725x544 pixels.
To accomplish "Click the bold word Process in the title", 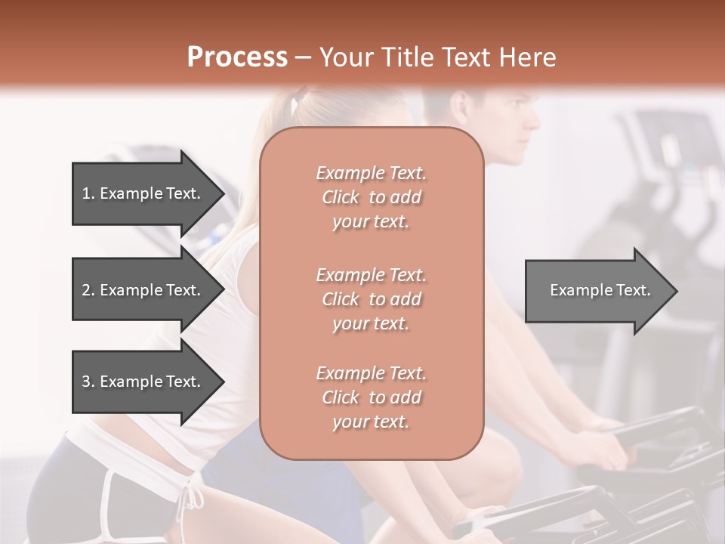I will pyautogui.click(x=237, y=57).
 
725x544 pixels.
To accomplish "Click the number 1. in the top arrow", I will pyautogui.click(x=88, y=193).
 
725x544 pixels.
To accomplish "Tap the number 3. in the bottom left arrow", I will pyautogui.click(x=88, y=382).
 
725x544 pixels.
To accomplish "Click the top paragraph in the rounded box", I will pyautogui.click(x=371, y=197).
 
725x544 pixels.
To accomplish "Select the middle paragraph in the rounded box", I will pyautogui.click(x=371, y=299).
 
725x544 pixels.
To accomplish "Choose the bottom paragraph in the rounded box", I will pyautogui.click(x=371, y=397).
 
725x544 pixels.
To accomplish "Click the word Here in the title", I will pyautogui.click(x=526, y=57).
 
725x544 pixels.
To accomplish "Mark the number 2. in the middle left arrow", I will pyautogui.click(x=88, y=290).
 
